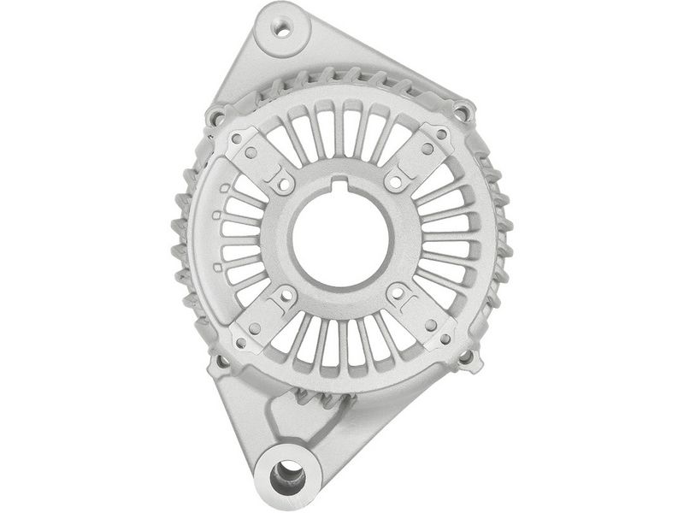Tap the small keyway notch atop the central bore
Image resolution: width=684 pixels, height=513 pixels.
[x=342, y=183]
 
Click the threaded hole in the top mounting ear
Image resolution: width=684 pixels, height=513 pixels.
[x=281, y=29]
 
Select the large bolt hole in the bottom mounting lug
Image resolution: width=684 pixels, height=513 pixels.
[x=288, y=471]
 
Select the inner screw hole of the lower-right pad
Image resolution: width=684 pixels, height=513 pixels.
[x=396, y=292]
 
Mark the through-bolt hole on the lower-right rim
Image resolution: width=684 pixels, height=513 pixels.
[x=466, y=359]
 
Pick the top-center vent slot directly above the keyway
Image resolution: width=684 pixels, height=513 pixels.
[x=341, y=128]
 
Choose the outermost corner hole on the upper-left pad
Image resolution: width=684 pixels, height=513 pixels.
[x=236, y=136]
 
